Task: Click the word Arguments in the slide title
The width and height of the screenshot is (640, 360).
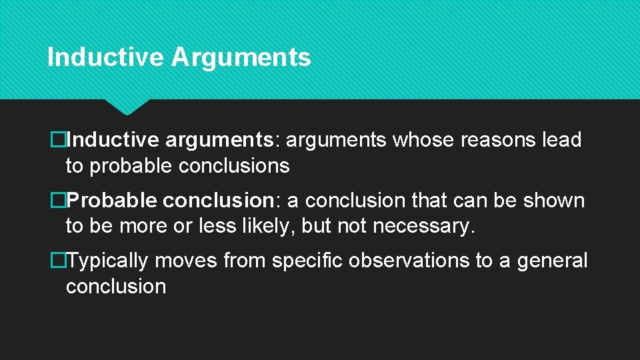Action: [241, 57]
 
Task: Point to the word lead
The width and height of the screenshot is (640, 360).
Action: [562, 140]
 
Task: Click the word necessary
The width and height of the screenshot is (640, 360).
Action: [423, 227]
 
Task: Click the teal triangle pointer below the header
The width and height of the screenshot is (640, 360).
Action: [127, 107]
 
